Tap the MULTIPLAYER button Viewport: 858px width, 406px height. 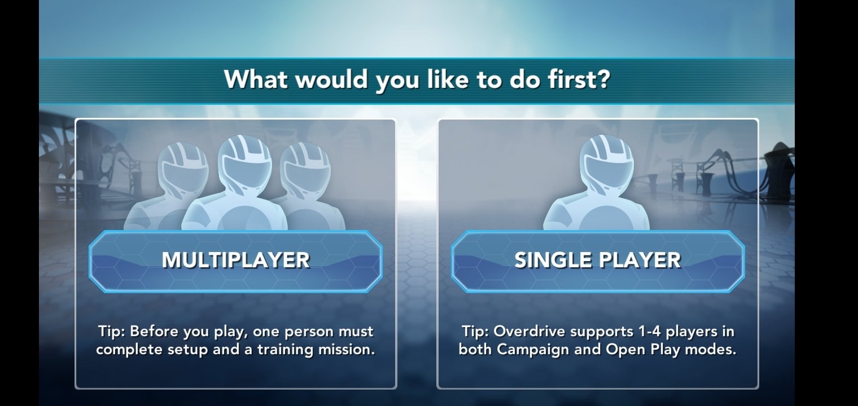235,261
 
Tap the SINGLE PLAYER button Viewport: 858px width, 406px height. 598,261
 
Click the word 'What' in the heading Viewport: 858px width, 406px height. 256,80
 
